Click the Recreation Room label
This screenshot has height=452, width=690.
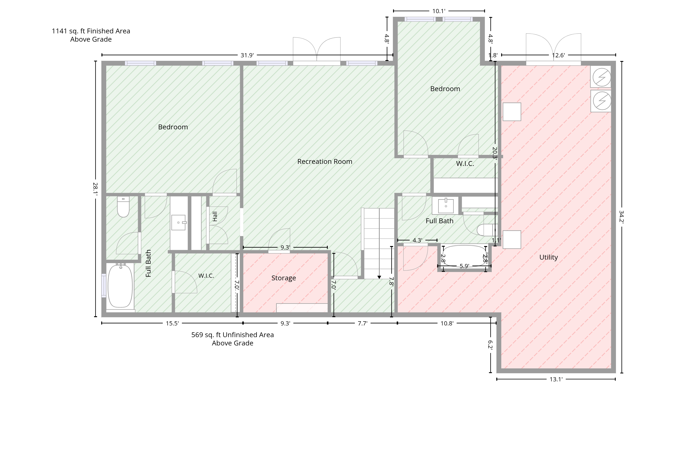click(325, 162)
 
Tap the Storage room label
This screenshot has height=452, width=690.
click(284, 278)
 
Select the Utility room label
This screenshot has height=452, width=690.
click(549, 257)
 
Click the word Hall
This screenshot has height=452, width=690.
click(215, 216)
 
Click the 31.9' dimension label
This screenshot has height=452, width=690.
click(247, 55)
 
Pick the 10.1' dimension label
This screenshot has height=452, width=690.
click(439, 11)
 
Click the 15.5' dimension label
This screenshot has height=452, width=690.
click(172, 323)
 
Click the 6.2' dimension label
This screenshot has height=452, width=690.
click(490, 345)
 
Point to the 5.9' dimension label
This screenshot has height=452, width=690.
click(464, 266)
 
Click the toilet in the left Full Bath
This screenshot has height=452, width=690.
click(123, 207)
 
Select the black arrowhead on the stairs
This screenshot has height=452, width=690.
click(379, 277)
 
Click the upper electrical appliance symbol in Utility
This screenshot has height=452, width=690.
click(602, 77)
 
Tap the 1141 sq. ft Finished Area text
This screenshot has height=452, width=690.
click(91, 31)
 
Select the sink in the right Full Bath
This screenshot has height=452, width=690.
click(446, 206)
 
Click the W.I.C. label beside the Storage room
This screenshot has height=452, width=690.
click(206, 276)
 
